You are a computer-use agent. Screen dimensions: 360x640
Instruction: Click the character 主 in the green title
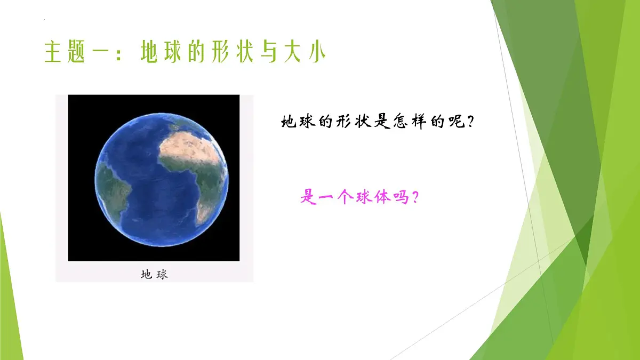(53, 53)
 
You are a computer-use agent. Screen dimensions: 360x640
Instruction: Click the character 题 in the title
(78, 53)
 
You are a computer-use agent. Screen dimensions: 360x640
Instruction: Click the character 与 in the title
(265, 53)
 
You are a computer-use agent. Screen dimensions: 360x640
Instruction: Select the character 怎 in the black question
(395, 122)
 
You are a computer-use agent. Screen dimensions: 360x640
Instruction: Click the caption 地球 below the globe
(154, 275)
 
